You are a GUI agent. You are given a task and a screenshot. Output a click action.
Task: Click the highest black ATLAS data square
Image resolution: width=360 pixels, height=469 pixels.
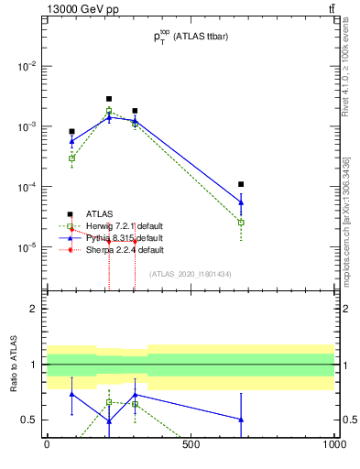tap(109, 99)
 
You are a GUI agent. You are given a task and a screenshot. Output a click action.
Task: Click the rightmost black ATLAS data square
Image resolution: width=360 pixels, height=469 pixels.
tap(241, 184)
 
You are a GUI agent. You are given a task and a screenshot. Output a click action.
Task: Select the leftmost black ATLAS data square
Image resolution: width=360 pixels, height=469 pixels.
tap(71, 132)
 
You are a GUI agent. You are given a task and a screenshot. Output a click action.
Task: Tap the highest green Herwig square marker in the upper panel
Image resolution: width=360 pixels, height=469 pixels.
tap(109, 111)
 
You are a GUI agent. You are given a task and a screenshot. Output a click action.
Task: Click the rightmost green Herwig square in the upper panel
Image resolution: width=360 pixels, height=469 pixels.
tap(241, 222)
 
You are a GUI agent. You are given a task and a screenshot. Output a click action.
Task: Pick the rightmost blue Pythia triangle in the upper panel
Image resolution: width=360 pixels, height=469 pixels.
tap(241, 202)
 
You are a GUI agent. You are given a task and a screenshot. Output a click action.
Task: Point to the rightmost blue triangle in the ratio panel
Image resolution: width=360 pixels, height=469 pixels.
tap(241, 420)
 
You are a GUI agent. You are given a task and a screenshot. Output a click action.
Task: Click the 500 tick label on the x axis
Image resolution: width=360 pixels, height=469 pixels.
tap(191, 443)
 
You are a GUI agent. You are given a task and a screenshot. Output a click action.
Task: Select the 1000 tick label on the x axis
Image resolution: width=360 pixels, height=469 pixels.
tap(333, 443)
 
